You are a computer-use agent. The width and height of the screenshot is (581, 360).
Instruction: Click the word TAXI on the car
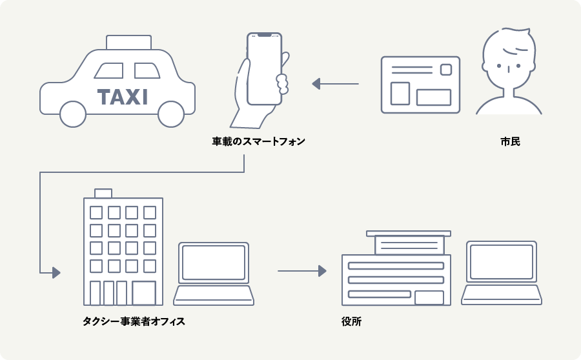click(x=123, y=97)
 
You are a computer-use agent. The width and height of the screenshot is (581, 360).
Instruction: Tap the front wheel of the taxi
click(x=73, y=114)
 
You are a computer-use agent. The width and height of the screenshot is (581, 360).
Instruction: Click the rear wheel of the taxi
click(x=171, y=114)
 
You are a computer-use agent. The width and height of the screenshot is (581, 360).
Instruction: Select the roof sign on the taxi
click(x=128, y=42)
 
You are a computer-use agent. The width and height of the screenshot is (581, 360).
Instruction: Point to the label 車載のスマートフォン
click(x=258, y=141)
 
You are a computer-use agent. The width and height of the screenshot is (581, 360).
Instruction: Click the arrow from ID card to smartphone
click(x=335, y=84)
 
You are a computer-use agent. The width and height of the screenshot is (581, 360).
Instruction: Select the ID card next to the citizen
click(x=420, y=85)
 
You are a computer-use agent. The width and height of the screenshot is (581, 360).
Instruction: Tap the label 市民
click(x=510, y=141)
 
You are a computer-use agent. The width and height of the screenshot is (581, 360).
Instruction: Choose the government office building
click(x=396, y=271)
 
